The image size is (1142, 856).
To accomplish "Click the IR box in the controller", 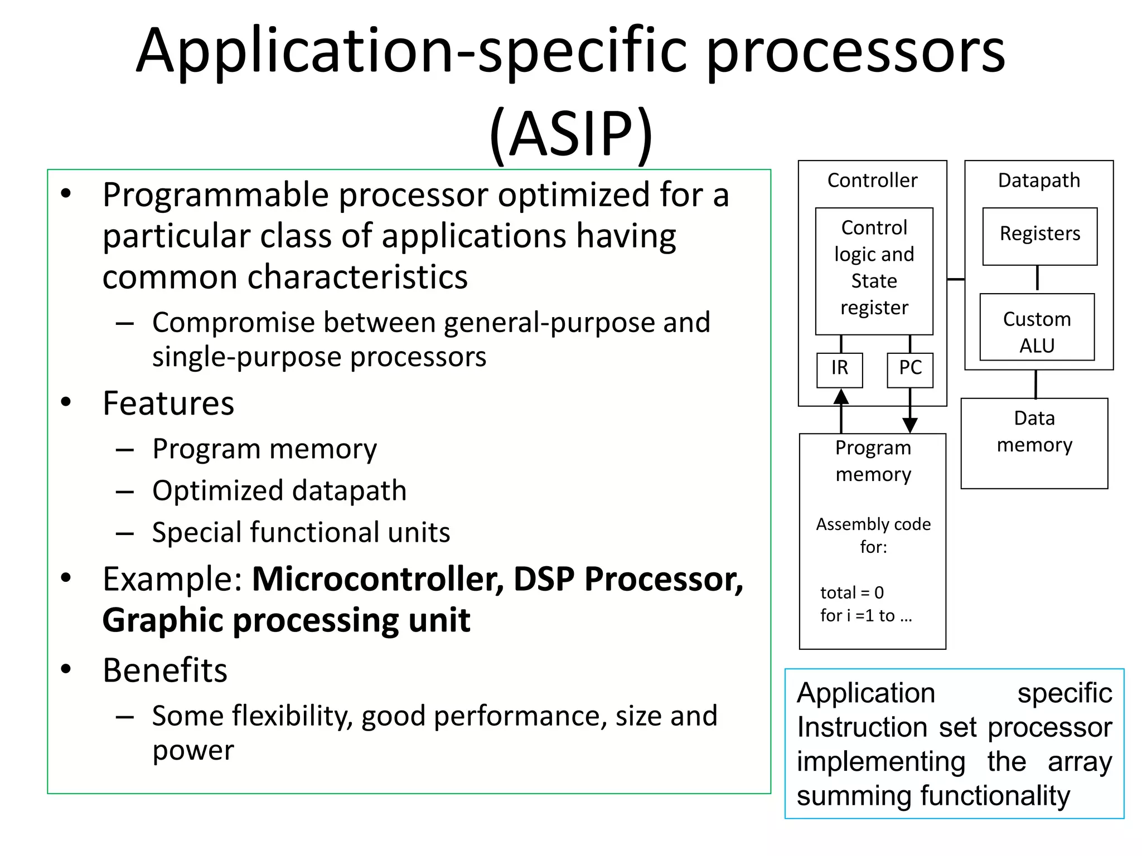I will pyautogui.click(x=839, y=369).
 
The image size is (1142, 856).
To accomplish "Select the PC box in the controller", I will pyautogui.click(x=910, y=369).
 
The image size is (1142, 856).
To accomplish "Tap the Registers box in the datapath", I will pyautogui.click(x=1039, y=236).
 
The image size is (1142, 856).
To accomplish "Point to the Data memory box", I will pyautogui.click(x=1034, y=443).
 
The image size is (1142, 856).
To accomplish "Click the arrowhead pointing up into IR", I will pyautogui.click(x=841, y=397).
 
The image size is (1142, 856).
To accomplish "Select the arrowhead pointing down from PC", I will pyautogui.click(x=910, y=425).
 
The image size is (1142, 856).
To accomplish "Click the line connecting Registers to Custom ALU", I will pyautogui.click(x=1037, y=278).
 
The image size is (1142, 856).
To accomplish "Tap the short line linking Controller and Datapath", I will pyautogui.click(x=956, y=279).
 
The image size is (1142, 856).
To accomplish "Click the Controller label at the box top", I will pyautogui.click(x=872, y=181).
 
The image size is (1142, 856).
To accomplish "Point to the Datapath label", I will pyautogui.click(x=1039, y=181).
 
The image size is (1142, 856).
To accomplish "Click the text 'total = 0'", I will pyautogui.click(x=851, y=592).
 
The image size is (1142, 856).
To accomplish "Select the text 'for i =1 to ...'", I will pyautogui.click(x=865, y=615).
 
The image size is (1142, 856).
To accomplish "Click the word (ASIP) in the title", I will pyautogui.click(x=571, y=134).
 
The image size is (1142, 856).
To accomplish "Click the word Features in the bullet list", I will pyautogui.click(x=168, y=403).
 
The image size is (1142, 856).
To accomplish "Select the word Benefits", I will pyautogui.click(x=165, y=670).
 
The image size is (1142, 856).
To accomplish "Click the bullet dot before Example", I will pyautogui.click(x=66, y=578).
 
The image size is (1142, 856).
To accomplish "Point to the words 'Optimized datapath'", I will pyautogui.click(x=279, y=490).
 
